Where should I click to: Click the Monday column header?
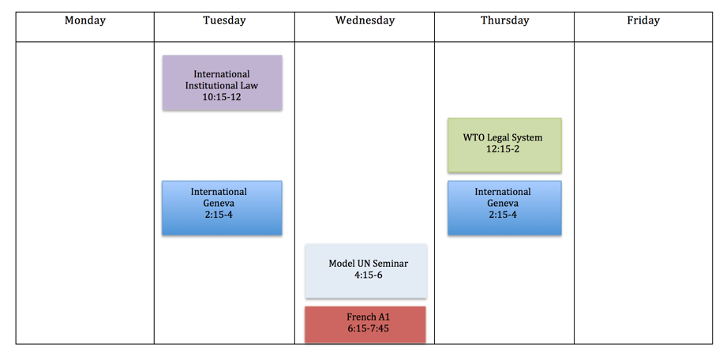click(84, 21)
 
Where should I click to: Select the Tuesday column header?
click(224, 21)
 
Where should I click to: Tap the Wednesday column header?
click(365, 21)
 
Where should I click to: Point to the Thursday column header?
click(504, 21)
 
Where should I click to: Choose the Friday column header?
click(643, 21)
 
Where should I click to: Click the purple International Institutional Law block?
click(222, 83)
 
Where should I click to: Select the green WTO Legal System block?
click(504, 146)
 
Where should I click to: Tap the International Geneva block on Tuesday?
click(222, 208)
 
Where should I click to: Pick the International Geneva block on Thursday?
click(504, 208)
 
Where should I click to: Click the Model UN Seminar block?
click(365, 271)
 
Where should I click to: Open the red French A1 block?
click(365, 324)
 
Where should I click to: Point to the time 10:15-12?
click(222, 97)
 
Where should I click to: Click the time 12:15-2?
click(503, 149)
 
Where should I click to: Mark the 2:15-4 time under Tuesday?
click(218, 214)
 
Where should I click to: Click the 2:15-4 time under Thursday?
click(503, 214)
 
